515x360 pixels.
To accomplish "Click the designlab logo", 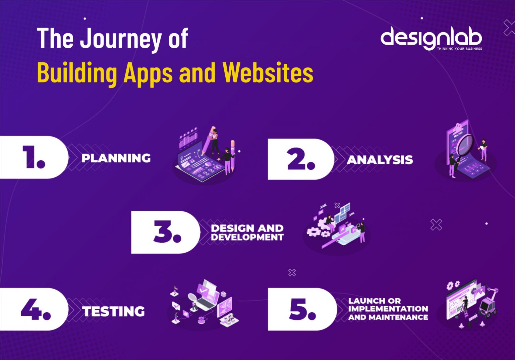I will (431, 38).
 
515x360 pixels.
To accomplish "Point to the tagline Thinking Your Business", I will (459, 49).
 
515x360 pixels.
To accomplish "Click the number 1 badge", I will (34, 157).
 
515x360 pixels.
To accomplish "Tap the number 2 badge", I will (301, 159).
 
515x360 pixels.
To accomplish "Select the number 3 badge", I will (167, 232).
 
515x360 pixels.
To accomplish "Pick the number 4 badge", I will (35, 309).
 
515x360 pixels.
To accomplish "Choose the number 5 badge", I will (302, 309).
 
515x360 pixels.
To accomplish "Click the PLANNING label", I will (116, 158).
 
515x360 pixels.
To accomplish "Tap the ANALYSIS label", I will (380, 160).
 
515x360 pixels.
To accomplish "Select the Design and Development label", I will (247, 233).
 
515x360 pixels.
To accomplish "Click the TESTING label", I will (114, 311).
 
